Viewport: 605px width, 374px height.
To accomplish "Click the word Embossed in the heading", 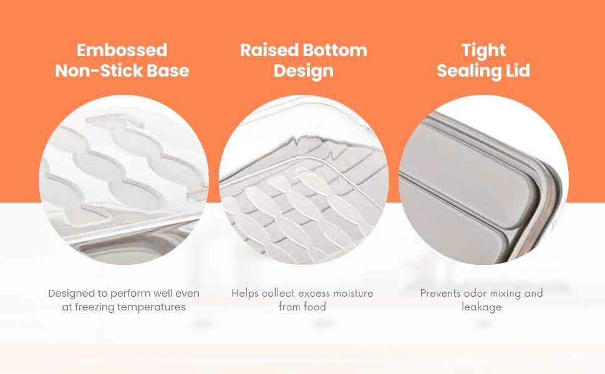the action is [x=122, y=50].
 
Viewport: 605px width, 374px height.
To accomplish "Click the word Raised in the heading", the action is [x=269, y=50].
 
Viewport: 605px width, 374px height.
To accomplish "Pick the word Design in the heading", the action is [x=304, y=71].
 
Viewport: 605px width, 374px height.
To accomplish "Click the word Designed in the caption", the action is [x=72, y=294].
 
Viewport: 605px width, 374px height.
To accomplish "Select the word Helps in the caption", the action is [x=245, y=294].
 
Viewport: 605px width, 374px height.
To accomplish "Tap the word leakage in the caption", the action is [x=482, y=307].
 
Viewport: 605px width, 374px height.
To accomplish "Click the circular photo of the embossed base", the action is [x=123, y=180].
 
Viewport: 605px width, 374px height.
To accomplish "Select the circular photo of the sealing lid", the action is [x=483, y=180].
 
